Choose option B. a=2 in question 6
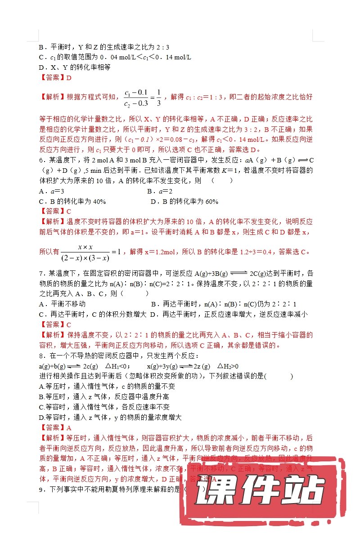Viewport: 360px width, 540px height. (x=160, y=191)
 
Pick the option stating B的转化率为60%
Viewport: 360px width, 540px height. (x=184, y=202)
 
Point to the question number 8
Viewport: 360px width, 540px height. (x=41, y=356)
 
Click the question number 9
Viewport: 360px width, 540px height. (x=41, y=489)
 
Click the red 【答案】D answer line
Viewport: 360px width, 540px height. (x=56, y=78)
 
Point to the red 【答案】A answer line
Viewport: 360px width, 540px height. (x=56, y=427)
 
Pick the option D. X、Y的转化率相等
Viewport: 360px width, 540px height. (x=75, y=67)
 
